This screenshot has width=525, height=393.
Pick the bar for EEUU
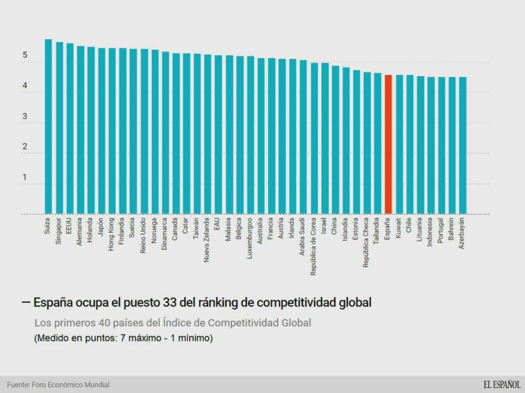point(69,128)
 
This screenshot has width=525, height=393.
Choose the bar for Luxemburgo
point(250,135)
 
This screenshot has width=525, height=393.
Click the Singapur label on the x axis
point(59,231)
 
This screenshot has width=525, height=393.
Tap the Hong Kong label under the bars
point(112,233)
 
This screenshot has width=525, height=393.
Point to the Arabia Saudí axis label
point(303,236)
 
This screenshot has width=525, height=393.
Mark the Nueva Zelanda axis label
point(207,239)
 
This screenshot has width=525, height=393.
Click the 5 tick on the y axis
point(25,55)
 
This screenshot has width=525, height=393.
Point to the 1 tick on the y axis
point(25,177)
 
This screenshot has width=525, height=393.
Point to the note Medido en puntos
point(123,338)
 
